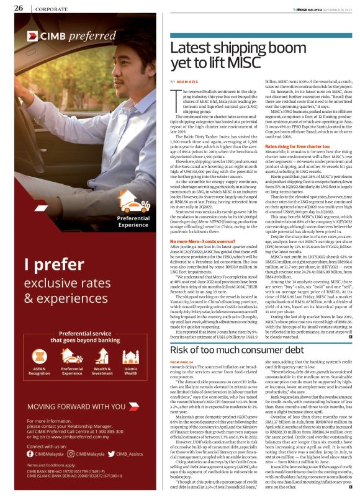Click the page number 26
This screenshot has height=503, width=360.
click(19, 8)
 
